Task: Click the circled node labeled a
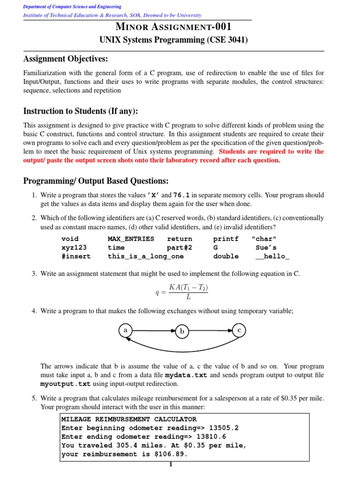pos(125,330)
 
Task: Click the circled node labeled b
pos(182,331)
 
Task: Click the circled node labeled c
pos(239,330)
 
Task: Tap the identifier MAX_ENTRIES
pos(131,239)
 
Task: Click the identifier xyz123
pos(74,247)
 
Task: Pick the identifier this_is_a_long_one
pos(146,256)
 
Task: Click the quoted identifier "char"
pos(264,239)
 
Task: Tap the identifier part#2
pos(180,247)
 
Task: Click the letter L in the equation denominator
pos(188,296)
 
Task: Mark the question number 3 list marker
pos(34,273)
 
